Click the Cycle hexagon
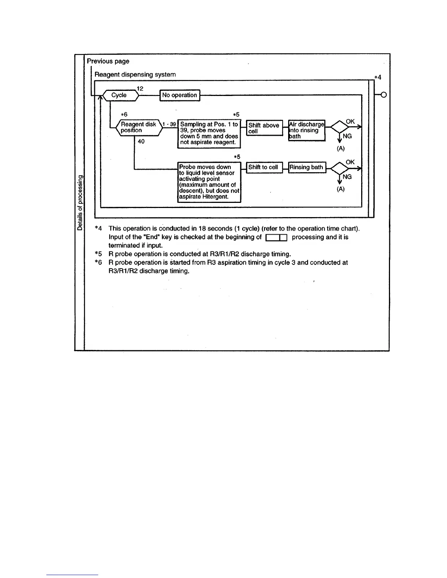click(x=120, y=95)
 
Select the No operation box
click(x=180, y=95)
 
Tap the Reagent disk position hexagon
click(x=138, y=127)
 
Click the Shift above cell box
click(x=264, y=128)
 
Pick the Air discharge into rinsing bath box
click(x=306, y=130)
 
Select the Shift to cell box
click(x=264, y=167)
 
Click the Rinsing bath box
click(x=307, y=167)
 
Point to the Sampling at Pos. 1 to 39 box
click(x=209, y=134)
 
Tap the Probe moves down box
click(x=209, y=182)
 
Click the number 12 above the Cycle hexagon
click(x=140, y=89)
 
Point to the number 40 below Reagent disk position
click(x=141, y=142)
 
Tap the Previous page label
click(x=108, y=61)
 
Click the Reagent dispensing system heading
click(x=135, y=74)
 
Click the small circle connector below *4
click(x=384, y=95)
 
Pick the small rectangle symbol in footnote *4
click(x=276, y=238)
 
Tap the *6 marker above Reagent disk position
click(x=124, y=115)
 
